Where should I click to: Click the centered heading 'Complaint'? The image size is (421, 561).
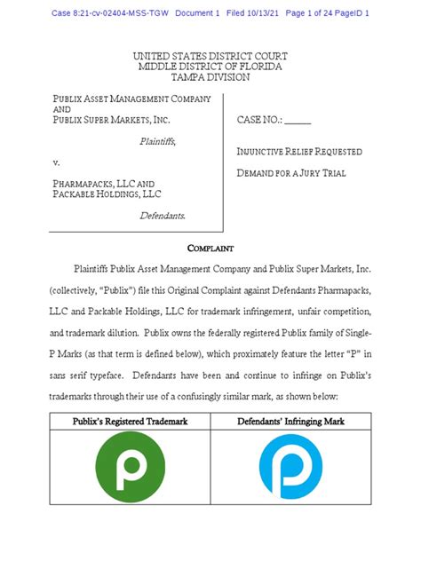click(210, 249)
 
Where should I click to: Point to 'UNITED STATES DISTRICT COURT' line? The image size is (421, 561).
click(210, 56)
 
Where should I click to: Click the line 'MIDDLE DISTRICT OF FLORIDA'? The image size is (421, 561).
click(210, 67)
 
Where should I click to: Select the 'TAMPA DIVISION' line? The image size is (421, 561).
click(210, 77)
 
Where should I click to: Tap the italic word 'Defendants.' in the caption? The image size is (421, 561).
click(169, 215)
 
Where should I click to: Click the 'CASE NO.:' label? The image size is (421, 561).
click(258, 120)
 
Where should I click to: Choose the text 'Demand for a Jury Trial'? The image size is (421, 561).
click(290, 173)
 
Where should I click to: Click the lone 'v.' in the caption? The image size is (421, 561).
click(56, 162)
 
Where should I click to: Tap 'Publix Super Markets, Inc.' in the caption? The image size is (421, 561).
click(110, 120)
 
